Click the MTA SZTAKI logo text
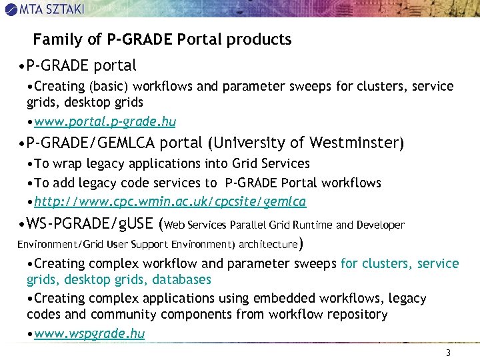point(61,9)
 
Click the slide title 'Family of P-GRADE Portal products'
point(162,40)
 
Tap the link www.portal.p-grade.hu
point(105,121)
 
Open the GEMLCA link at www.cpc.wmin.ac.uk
point(170,201)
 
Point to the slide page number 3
point(449,353)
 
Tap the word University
point(245,143)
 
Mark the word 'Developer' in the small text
point(381,225)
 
